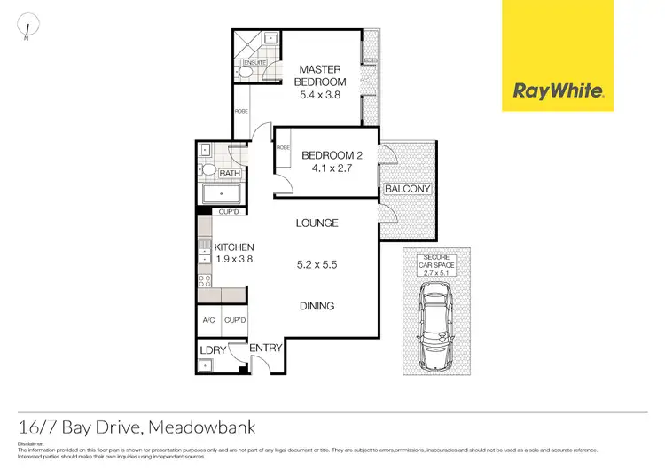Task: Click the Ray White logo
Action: tap(559, 90)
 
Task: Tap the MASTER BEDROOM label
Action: tap(320, 75)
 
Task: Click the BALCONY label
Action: tap(407, 189)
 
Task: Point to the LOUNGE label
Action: tap(317, 223)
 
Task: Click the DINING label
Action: tap(317, 306)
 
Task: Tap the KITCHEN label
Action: tap(235, 247)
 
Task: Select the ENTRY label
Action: tap(266, 348)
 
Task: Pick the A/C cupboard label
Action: tap(209, 320)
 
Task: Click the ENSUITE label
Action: tap(254, 63)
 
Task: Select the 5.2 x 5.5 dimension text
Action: tap(317, 264)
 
